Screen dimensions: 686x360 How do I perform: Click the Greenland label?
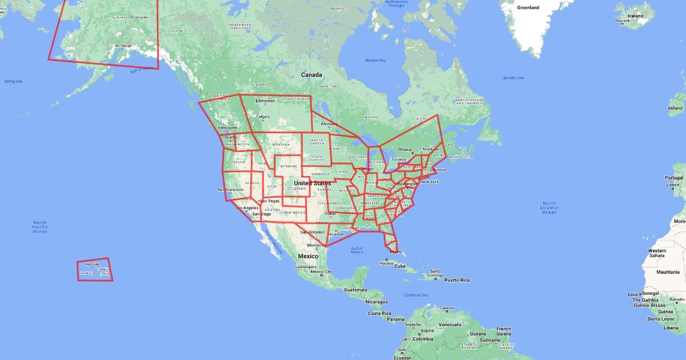coord(528,8)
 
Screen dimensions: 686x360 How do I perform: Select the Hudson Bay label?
coord(376,60)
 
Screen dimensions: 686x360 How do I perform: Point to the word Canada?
coord(312,75)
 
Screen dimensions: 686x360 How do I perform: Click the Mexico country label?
coord(308,256)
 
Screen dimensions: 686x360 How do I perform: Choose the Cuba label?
coord(400,266)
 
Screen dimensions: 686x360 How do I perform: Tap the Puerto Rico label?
coord(456,280)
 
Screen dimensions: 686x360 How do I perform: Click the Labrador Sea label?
coord(512,78)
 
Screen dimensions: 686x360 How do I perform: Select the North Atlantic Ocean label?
coord(549,207)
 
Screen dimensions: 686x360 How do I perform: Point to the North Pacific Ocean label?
coord(39,227)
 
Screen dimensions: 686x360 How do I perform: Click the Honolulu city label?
coord(91,265)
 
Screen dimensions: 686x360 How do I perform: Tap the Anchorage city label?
coord(123,46)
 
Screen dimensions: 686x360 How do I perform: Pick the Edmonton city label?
coord(265,101)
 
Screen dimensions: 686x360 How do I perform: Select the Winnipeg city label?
coord(329,123)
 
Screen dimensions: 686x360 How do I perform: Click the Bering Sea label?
coord(13,82)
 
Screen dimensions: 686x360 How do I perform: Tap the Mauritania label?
coord(667,272)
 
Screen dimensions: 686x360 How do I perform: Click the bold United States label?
coord(312,183)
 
